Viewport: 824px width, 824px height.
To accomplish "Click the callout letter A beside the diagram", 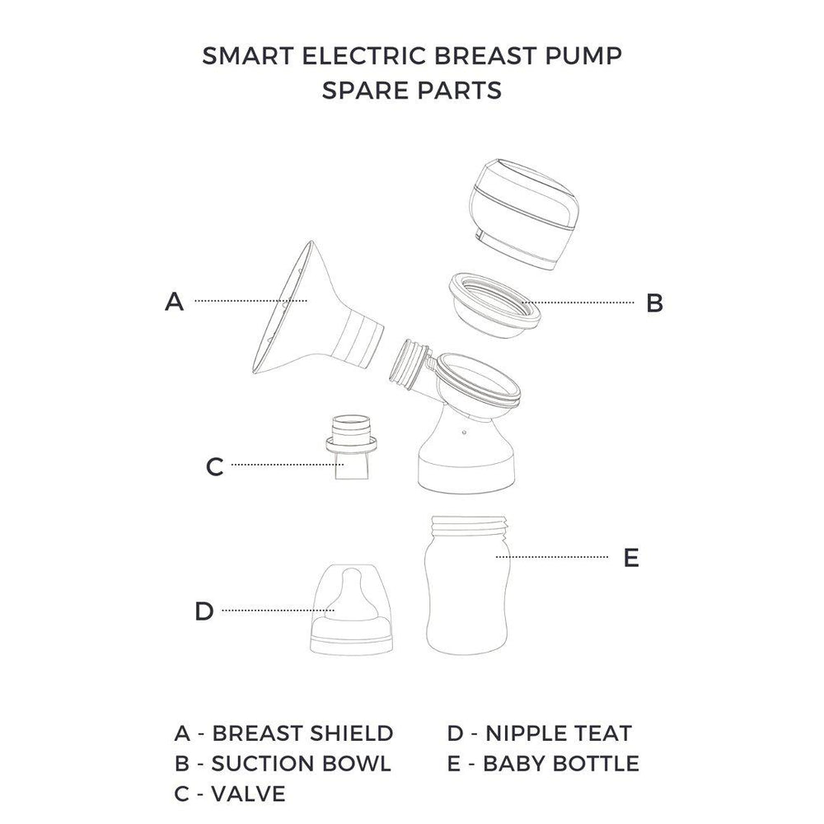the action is [175, 302].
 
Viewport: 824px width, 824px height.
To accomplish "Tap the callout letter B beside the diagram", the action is [655, 302].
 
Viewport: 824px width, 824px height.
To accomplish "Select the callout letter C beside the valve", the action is [214, 466].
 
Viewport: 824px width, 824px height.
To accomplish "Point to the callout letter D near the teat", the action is [204, 611].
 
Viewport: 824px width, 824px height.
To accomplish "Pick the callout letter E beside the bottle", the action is [631, 557].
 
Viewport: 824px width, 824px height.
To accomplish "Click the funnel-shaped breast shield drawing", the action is [316, 316].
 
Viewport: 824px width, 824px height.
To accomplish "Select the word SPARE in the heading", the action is [366, 91].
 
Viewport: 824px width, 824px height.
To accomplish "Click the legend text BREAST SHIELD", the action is [302, 733].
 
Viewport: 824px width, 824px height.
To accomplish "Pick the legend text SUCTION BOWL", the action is [301, 764].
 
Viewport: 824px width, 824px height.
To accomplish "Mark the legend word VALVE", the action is [248, 794].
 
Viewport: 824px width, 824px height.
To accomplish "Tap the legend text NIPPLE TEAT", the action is [558, 733].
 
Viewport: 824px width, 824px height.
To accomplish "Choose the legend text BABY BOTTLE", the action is [560, 764].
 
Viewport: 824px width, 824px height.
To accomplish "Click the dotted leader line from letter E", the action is [552, 557].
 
